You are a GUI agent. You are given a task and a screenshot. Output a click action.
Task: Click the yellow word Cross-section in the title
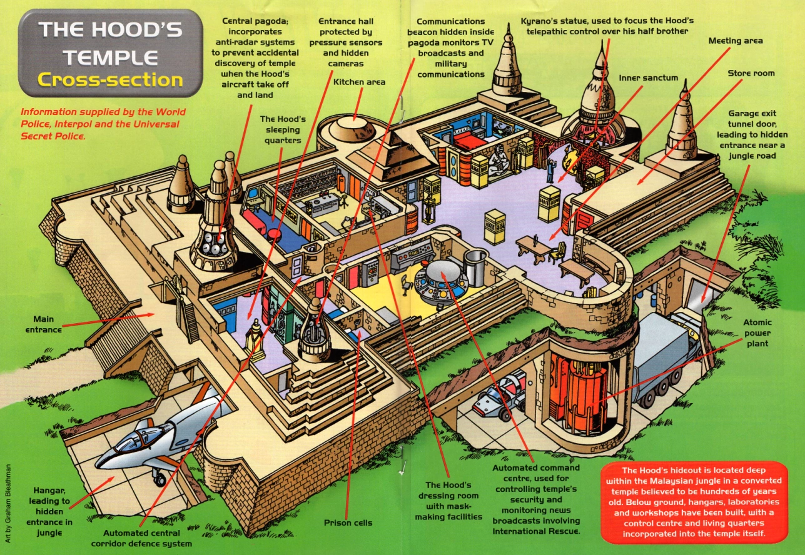[110, 80]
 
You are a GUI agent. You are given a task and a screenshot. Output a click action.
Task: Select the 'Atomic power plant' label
[757, 332]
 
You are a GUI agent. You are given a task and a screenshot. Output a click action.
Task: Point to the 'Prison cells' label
[348, 522]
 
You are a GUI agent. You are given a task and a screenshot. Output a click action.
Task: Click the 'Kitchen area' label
[359, 82]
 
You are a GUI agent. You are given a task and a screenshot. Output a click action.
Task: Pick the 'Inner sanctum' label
[648, 78]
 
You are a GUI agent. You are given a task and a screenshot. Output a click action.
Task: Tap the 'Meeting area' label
[736, 41]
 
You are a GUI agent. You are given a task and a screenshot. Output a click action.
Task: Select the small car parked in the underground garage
[500, 394]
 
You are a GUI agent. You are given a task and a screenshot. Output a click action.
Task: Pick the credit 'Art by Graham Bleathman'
[8, 497]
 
